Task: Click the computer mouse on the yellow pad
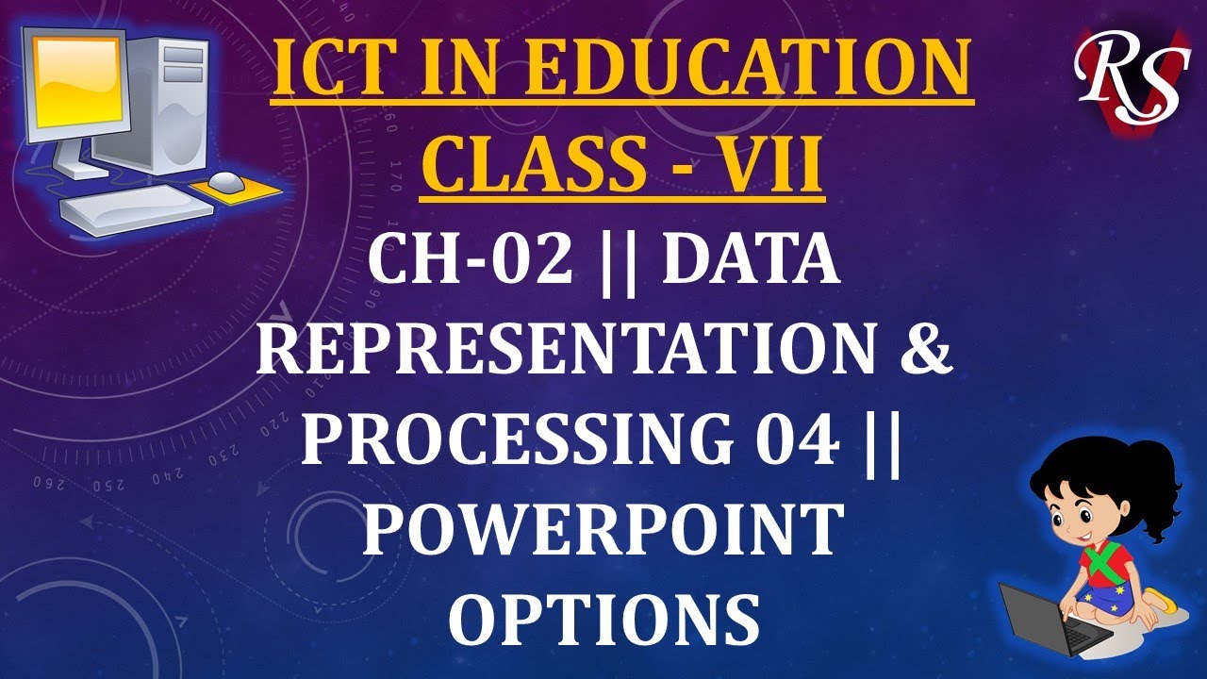coord(226,180)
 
